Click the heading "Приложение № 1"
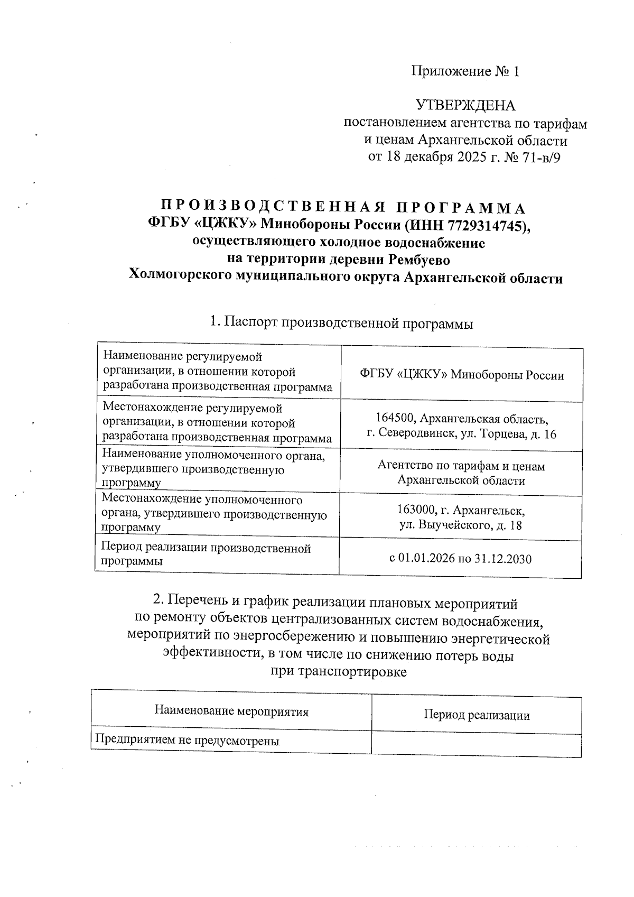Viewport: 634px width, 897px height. point(465,71)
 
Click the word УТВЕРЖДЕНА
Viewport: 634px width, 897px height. point(465,106)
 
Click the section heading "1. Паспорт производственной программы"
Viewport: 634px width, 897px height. point(341,322)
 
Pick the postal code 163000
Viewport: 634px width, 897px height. point(417,511)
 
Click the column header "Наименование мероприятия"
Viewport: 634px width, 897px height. point(231,711)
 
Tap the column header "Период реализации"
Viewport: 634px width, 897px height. point(477,715)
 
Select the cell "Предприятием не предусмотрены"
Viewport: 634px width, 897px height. point(187,740)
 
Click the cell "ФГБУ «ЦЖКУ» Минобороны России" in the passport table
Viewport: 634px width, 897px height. point(461,375)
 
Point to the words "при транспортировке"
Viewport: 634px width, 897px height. point(338,672)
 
